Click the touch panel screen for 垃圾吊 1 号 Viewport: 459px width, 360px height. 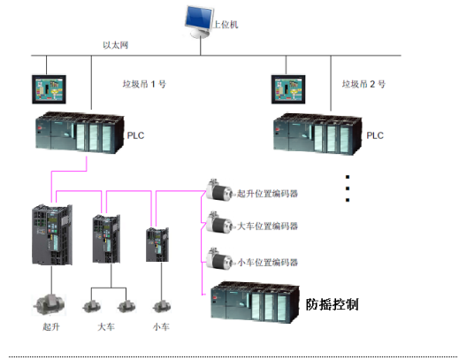point(48,88)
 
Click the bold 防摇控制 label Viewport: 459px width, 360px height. point(333,304)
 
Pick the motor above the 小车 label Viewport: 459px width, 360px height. point(160,306)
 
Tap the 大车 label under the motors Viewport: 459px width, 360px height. point(106,328)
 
